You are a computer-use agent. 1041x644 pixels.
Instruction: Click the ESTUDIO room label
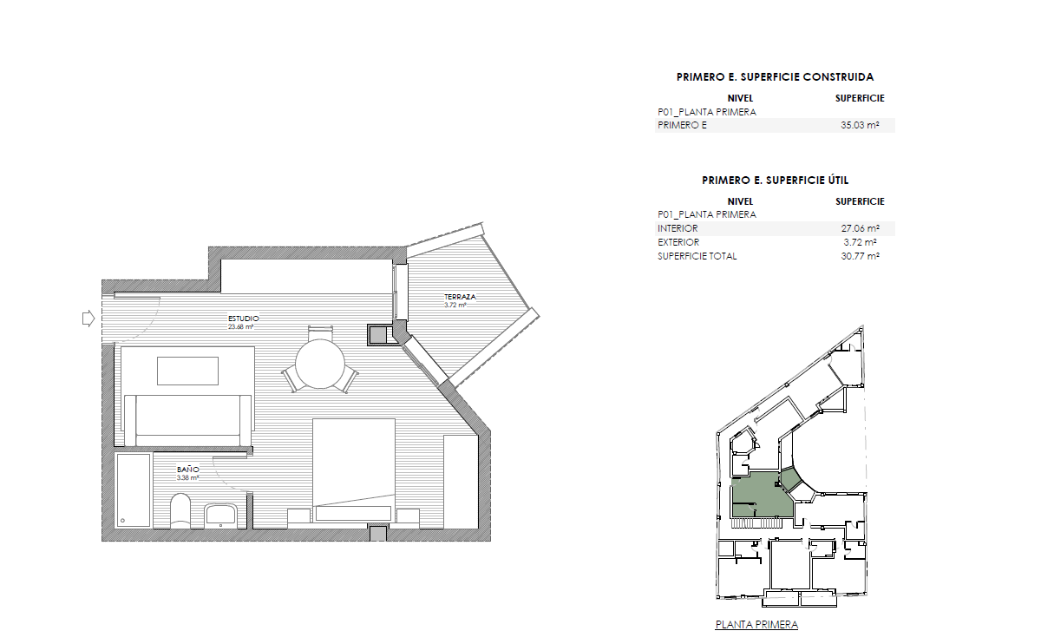(243, 319)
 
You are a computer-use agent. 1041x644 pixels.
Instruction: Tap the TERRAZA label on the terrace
(461, 298)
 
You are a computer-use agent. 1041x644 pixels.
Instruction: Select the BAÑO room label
(188, 470)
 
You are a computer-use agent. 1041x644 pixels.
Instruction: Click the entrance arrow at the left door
(87, 319)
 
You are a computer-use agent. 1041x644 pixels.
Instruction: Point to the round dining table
(320, 365)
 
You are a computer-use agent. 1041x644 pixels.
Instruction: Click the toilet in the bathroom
(180, 512)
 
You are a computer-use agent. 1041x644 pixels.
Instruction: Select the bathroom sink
(221, 515)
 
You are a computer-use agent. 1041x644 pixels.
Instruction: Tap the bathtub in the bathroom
(133, 490)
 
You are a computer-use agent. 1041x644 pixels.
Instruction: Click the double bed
(353, 469)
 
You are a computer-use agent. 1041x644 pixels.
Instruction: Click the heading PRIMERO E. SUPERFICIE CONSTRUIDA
(775, 77)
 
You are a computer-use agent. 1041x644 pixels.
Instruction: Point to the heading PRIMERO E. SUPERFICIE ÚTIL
(775, 181)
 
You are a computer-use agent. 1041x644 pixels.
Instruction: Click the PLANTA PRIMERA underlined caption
(756, 625)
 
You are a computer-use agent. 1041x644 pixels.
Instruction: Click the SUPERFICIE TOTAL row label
(697, 256)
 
